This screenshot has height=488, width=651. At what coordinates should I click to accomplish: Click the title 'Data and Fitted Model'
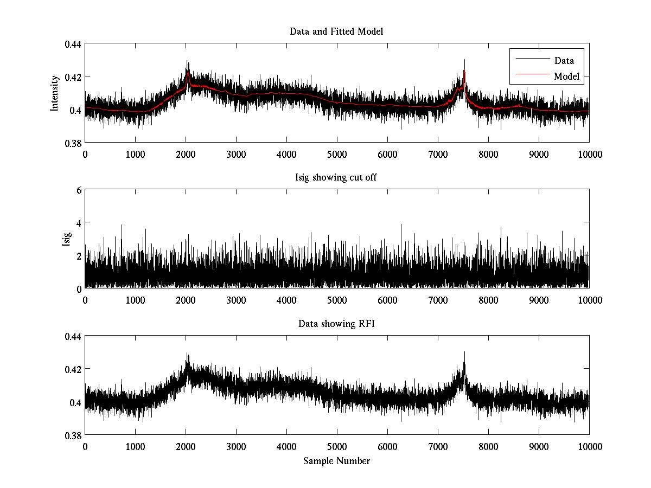click(336, 31)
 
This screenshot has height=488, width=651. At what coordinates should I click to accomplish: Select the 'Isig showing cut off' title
click(336, 178)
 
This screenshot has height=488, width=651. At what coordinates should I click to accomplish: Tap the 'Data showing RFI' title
click(336, 324)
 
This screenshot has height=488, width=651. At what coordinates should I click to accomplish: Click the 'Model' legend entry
click(566, 76)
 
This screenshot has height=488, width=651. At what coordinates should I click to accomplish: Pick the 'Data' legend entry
click(564, 60)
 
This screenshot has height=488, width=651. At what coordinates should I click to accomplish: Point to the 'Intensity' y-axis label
click(55, 93)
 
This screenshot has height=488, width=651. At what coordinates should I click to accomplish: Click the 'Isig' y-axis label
click(66, 239)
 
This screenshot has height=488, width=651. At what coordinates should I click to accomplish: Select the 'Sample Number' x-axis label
click(336, 461)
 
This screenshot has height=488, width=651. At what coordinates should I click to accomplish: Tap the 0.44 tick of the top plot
click(73, 44)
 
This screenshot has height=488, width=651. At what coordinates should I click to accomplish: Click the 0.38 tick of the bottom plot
click(73, 435)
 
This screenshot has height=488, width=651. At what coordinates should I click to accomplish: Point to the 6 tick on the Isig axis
click(79, 190)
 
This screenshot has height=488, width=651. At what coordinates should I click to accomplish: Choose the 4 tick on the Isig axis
click(79, 223)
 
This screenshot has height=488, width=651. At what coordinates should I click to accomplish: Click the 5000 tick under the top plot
click(336, 155)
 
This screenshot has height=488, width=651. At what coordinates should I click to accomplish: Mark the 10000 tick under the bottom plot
click(589, 446)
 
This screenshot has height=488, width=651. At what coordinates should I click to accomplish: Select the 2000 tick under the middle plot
click(186, 300)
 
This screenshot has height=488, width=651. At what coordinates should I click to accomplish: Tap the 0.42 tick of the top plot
click(73, 77)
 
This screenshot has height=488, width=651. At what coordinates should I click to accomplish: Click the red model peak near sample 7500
click(464, 71)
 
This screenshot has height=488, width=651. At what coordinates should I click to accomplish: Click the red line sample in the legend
click(532, 76)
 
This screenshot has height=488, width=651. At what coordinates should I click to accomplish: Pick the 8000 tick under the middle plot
click(488, 300)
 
